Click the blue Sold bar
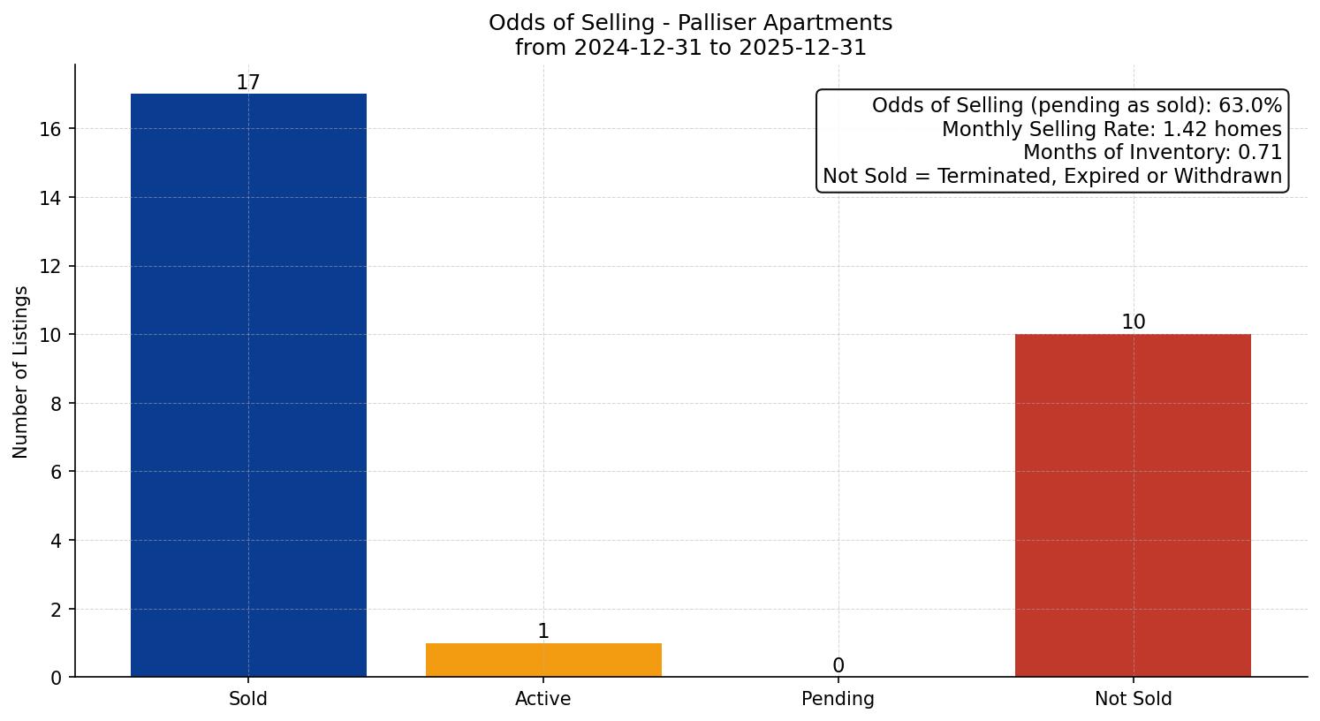[248, 385]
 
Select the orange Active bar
[543, 660]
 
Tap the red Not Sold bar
[1133, 505]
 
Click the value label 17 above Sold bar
[248, 83]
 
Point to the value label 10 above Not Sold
[1133, 323]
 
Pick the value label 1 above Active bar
[543, 632]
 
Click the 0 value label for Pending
[838, 666]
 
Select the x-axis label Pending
[838, 699]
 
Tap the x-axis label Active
[543, 699]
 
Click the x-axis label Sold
[248, 699]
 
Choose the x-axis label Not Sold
[1133, 699]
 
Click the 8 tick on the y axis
[55, 404]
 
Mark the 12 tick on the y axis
[49, 267]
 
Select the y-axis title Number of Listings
[20, 372]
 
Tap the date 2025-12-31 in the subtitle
[802, 48]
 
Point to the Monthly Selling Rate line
[1111, 129]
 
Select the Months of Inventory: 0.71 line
[1152, 153]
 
